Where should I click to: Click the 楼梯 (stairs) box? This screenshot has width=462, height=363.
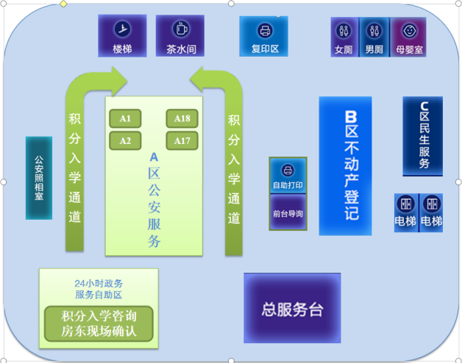click(x=122, y=36)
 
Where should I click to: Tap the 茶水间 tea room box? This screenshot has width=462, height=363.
click(x=180, y=36)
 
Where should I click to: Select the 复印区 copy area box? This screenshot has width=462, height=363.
click(x=263, y=36)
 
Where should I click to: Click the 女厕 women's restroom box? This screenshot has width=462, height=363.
click(x=344, y=37)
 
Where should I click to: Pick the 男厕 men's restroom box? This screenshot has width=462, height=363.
click(x=374, y=37)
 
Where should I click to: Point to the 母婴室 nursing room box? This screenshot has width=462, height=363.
click(x=408, y=37)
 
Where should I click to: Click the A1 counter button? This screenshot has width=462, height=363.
click(x=125, y=118)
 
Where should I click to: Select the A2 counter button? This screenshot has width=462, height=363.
click(x=125, y=140)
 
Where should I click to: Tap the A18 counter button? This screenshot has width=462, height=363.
click(x=182, y=118)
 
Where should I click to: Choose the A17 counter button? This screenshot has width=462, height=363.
click(x=182, y=140)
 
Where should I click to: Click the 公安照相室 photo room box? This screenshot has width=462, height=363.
click(x=39, y=178)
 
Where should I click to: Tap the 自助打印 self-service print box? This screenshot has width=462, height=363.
click(x=288, y=176)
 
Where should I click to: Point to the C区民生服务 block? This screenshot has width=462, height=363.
click(x=422, y=136)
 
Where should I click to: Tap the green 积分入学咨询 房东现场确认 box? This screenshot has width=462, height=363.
click(x=99, y=323)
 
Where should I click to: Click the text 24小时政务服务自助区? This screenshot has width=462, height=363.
click(x=99, y=289)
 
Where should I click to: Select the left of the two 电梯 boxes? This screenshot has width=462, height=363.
click(x=405, y=212)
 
